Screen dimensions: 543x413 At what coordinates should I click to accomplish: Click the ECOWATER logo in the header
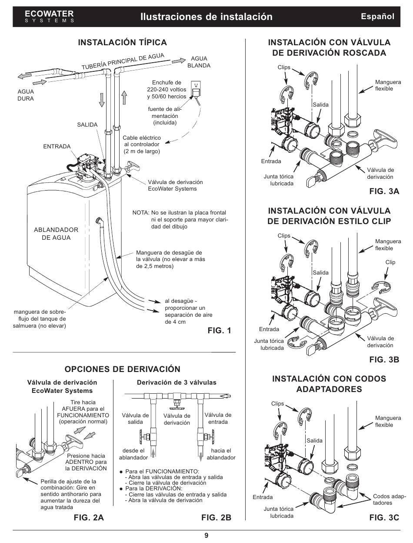coord(49,17)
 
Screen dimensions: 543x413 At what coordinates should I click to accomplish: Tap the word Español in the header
coord(378,17)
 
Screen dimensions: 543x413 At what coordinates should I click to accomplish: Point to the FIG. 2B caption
coord(216,518)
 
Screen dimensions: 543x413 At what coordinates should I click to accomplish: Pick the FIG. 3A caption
coord(384,191)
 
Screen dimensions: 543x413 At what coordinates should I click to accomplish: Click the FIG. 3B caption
coord(384,359)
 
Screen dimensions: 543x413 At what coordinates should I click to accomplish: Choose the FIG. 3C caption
coord(384,517)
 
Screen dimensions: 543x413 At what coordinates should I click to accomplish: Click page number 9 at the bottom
coord(206,535)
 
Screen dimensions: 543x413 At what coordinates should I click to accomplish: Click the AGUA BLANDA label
coord(199,62)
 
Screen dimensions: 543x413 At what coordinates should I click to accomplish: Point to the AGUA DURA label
coord(25,95)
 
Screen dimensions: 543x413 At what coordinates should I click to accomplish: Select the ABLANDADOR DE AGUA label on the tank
coord(56,234)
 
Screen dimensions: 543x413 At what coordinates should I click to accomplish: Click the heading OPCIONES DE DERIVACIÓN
coord(122,369)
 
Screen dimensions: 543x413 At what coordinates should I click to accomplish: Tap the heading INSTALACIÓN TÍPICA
coord(122,42)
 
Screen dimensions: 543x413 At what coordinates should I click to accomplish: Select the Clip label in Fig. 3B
coord(390,262)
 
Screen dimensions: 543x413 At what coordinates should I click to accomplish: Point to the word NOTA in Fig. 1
coord(140,213)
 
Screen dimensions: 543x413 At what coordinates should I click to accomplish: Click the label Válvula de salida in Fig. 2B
coord(135,419)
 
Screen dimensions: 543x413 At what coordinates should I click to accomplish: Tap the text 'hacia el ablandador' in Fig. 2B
coord(221,454)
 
